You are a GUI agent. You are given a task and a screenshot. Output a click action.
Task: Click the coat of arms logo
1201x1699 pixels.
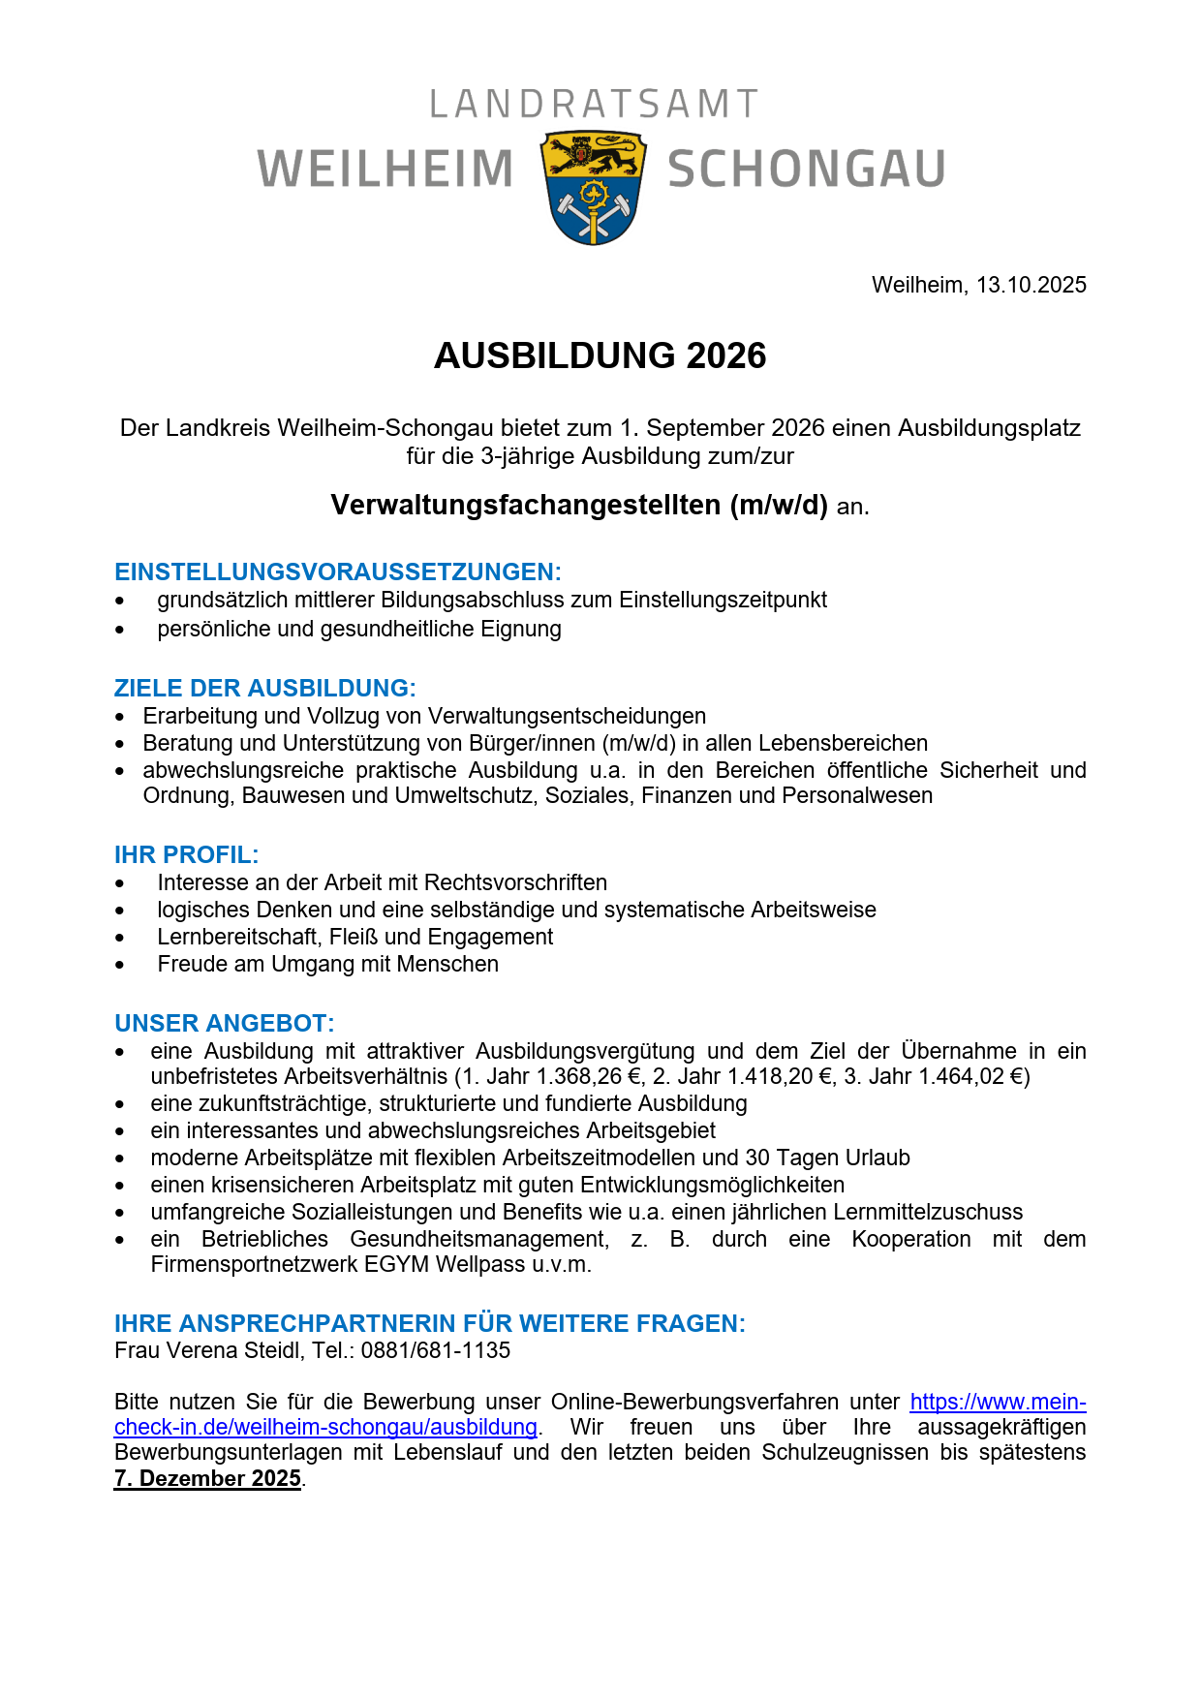(594, 187)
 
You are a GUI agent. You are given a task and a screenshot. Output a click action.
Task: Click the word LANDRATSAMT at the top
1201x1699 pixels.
(594, 105)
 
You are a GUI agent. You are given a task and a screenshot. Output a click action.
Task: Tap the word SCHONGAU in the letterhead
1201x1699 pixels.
(806, 170)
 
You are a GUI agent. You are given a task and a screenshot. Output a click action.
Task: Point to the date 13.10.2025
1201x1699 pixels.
(1031, 285)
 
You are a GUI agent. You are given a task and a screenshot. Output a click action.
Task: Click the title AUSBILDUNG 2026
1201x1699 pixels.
(600, 355)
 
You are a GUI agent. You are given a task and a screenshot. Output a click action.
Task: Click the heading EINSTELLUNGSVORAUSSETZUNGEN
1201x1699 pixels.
(337, 571)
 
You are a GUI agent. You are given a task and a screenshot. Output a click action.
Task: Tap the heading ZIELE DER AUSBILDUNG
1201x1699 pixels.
(264, 688)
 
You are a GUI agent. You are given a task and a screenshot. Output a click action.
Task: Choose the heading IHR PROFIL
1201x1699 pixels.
(186, 854)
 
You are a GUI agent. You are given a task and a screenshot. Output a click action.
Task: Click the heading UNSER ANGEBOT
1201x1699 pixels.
(224, 1023)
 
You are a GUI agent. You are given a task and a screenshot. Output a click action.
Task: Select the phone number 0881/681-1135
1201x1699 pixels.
(435, 1350)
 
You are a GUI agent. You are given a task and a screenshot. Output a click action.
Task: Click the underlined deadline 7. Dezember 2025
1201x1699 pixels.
(207, 1478)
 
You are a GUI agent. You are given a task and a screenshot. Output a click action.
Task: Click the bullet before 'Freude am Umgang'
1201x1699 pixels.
(120, 965)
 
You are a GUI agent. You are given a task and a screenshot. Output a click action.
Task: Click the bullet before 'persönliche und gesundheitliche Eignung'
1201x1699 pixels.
(120, 630)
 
